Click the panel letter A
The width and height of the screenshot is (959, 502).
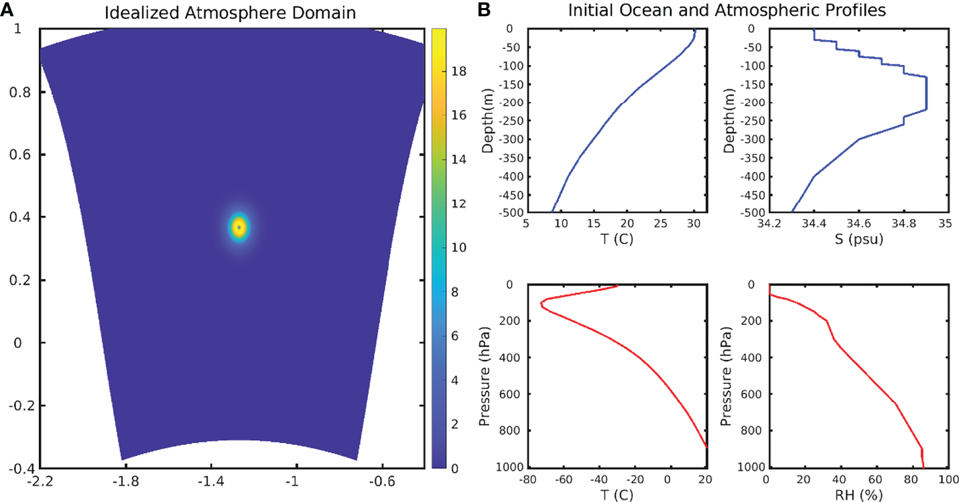click(7, 9)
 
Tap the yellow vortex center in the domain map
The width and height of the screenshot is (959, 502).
click(239, 228)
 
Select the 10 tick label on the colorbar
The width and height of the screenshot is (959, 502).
click(459, 248)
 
